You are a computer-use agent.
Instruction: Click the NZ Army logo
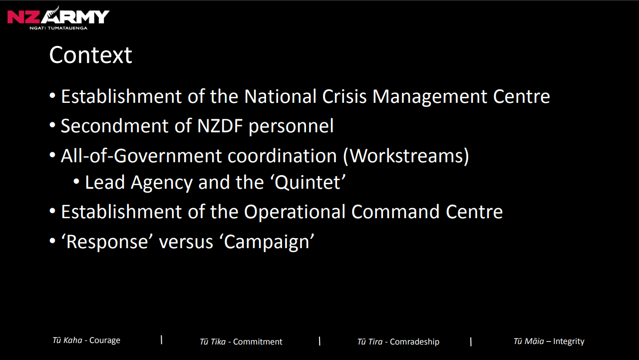coord(58,18)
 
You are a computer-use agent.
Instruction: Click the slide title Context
coord(90,55)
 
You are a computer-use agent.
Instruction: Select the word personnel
coord(291,127)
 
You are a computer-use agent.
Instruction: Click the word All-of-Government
coord(141,157)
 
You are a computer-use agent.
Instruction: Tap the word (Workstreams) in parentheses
coord(406,157)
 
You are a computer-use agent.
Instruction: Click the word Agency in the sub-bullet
coord(161,183)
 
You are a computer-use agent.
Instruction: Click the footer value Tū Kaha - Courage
coord(86,341)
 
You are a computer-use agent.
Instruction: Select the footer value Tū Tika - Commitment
coord(241,342)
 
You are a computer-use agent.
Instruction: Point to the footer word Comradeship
coord(414,342)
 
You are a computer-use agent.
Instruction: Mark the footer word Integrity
coord(569,342)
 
